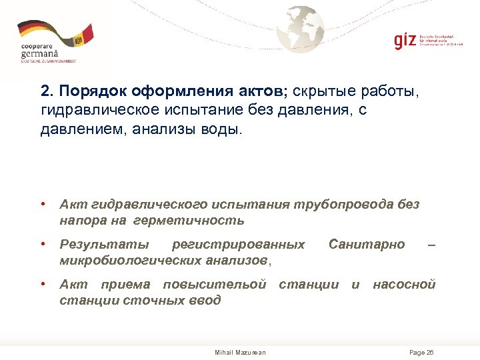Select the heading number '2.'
[46, 91]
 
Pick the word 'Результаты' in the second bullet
[95, 245]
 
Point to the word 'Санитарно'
[367, 245]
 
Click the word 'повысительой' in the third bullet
[215, 285]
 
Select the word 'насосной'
[404, 285]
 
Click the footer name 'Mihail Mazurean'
[240, 352]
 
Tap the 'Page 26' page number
[421, 352]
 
